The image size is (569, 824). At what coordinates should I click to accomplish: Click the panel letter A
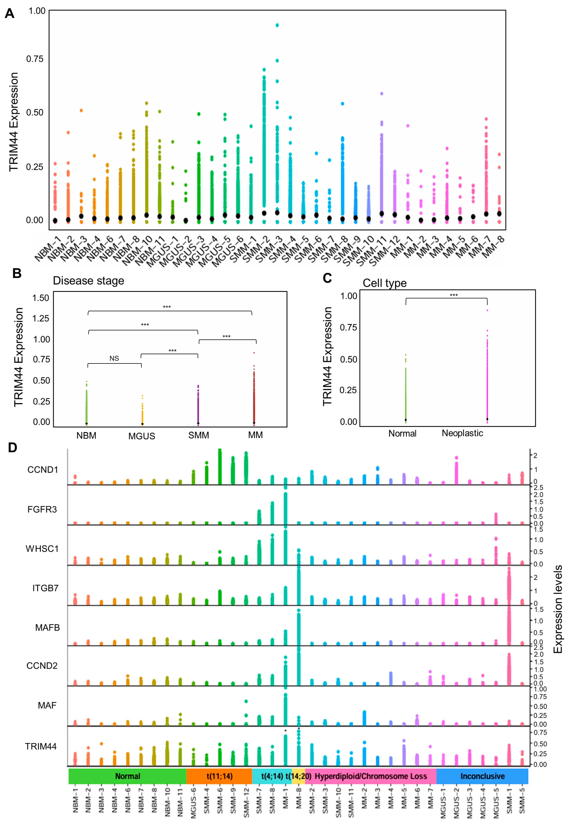[10, 14]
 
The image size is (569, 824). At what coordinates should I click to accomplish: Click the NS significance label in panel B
[114, 358]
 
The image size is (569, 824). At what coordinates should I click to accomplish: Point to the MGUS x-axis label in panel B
[141, 436]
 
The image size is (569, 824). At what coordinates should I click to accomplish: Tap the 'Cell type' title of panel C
[384, 283]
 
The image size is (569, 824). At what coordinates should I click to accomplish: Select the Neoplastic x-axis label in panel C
[462, 433]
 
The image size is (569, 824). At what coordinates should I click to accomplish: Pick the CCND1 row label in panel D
[42, 470]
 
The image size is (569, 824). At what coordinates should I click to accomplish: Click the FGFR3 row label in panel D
[42, 509]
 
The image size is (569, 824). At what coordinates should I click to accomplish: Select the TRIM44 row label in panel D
[41, 746]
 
